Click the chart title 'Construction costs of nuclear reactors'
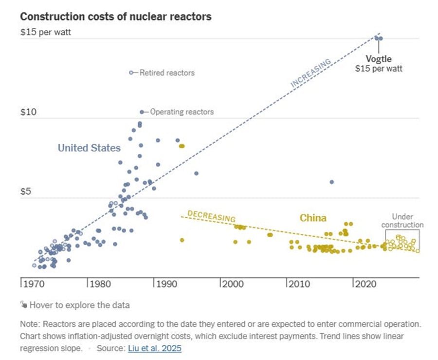[116, 16]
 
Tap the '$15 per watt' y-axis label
[45, 34]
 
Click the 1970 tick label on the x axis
[33, 284]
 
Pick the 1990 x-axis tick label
[166, 284]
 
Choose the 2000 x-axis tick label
[233, 284]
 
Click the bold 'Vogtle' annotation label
[379, 59]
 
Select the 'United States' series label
[89, 148]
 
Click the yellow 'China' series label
[313, 218]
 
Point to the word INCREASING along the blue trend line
[311, 73]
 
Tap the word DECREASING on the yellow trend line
[211, 216]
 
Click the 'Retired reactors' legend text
[167, 73]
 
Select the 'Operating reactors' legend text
[182, 112]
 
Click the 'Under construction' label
[402, 221]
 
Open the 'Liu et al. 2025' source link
[155, 348]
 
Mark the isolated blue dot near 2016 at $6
[331, 182]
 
